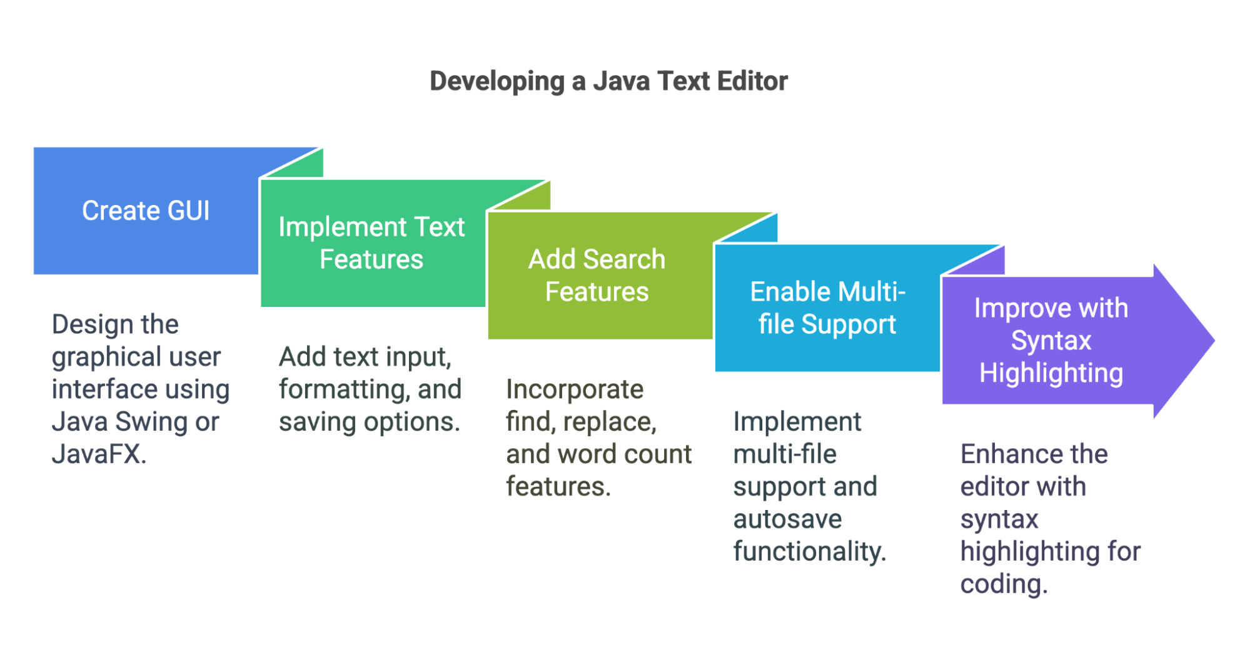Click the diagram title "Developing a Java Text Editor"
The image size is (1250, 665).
coord(608,81)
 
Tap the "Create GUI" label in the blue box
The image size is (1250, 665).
coord(146,211)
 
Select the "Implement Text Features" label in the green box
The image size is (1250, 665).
coord(371,243)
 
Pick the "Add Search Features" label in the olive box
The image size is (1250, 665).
coord(597,276)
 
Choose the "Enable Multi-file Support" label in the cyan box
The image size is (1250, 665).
coord(827,308)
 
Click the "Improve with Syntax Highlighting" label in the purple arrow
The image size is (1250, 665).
coord(1051,341)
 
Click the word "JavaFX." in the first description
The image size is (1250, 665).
coord(99,454)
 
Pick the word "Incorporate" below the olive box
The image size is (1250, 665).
coord(575,389)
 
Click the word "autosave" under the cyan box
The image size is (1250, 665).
coord(787,519)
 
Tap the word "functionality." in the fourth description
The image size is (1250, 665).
coord(810,552)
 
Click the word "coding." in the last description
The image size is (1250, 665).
coord(1004,584)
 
